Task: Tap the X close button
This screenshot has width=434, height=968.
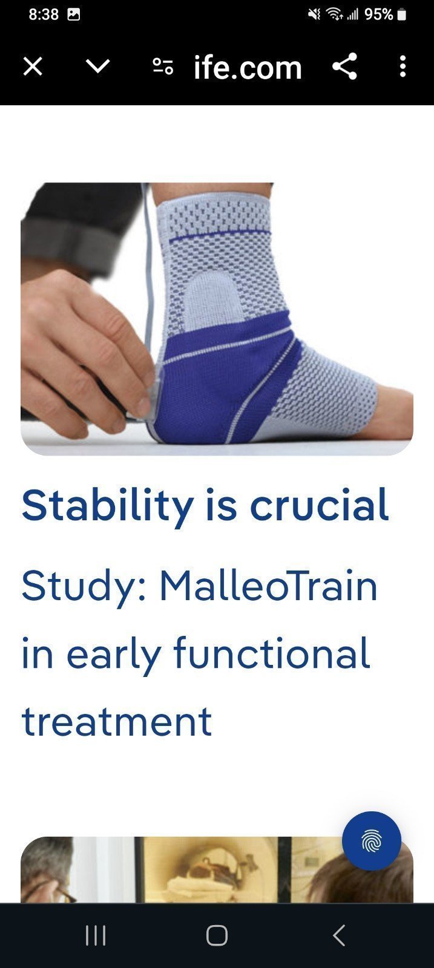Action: click(x=33, y=67)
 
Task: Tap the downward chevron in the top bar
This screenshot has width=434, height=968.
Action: click(x=97, y=66)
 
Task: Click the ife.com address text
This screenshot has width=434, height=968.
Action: click(x=248, y=68)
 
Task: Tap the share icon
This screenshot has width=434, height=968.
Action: click(x=344, y=66)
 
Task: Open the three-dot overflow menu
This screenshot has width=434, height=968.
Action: click(x=403, y=67)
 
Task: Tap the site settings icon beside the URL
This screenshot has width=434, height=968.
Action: click(x=163, y=66)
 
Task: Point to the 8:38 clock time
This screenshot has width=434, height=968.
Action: click(x=44, y=15)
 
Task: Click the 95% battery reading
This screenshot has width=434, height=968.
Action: click(x=379, y=15)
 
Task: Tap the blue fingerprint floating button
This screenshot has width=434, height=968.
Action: click(x=372, y=841)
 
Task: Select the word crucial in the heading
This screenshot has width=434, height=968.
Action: click(x=320, y=505)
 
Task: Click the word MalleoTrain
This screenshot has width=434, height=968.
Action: click(x=268, y=586)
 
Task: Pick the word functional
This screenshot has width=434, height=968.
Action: click(x=272, y=653)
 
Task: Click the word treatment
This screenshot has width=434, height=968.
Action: click(x=117, y=722)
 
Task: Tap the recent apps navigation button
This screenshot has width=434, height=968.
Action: click(x=96, y=936)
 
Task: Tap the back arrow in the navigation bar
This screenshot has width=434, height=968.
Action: click(x=339, y=935)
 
